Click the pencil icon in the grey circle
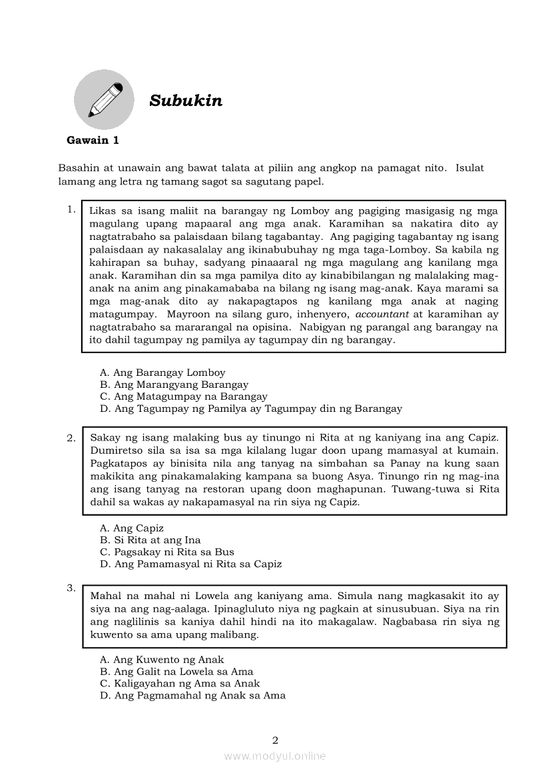[105, 100]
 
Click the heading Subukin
[186, 101]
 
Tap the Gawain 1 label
[93, 140]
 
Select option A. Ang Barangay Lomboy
[162, 373]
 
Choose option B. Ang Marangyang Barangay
[174, 385]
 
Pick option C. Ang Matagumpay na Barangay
[183, 396]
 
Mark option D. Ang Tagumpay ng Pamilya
[251, 408]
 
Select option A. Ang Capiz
[132, 528]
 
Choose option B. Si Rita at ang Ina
[150, 540]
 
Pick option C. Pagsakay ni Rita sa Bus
[166, 552]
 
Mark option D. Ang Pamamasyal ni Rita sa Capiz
[190, 564]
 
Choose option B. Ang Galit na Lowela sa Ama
[176, 672]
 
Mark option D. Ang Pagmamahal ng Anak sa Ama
[192, 696]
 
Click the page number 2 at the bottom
[275, 740]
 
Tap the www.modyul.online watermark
[275, 756]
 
